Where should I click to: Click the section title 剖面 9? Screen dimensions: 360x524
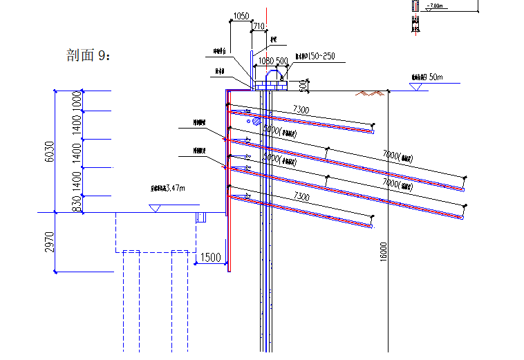(88, 55)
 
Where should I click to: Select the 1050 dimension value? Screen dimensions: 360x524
(241, 16)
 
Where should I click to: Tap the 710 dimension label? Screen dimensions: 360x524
(259, 26)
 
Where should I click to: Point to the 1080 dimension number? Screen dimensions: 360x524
(266, 61)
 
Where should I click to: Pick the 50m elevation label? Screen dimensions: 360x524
(436, 77)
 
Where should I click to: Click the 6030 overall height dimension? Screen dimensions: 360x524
(49, 151)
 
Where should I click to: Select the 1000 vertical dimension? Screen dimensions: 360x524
(77, 100)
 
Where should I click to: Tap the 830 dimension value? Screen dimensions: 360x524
(77, 203)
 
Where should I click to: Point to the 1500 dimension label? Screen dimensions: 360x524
(210, 258)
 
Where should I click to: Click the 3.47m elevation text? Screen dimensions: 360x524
(169, 187)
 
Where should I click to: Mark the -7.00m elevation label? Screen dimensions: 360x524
(434, 6)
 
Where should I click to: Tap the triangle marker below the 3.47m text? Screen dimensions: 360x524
(156, 208)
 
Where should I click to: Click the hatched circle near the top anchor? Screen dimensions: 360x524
(257, 121)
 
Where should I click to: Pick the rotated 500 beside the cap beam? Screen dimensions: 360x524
(302, 85)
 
